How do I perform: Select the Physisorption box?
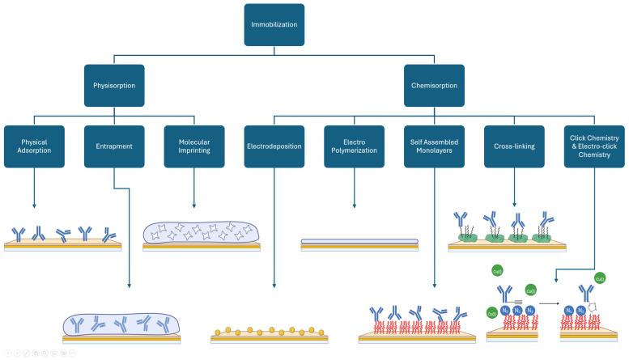(x=114, y=85)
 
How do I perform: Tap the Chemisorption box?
(x=435, y=85)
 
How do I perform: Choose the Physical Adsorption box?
(x=34, y=146)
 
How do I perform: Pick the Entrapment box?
(x=114, y=146)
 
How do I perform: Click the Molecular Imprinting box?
(x=194, y=146)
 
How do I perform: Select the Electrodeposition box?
(x=274, y=146)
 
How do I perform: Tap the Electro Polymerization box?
(x=355, y=146)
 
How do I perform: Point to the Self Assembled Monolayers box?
(x=435, y=146)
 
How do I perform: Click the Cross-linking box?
(x=515, y=146)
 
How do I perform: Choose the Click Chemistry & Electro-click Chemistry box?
(x=595, y=146)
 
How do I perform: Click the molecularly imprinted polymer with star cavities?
(x=201, y=233)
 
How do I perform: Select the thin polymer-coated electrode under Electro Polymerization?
(x=359, y=243)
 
